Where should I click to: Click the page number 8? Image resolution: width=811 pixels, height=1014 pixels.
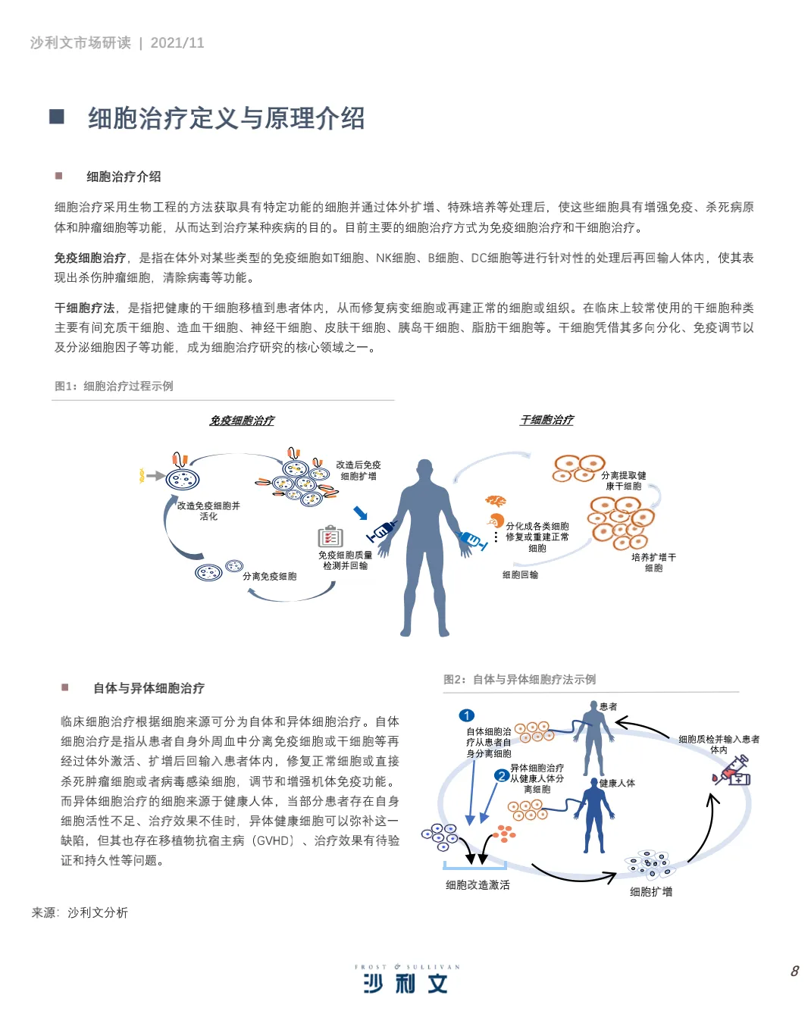pyautogui.click(x=794, y=971)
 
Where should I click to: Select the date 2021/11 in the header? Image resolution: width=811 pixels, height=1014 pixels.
pyautogui.click(x=177, y=43)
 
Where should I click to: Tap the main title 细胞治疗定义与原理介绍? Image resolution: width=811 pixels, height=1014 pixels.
pyautogui.click(x=226, y=118)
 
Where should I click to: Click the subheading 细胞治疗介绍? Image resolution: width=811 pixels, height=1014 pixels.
pyautogui.click(x=124, y=177)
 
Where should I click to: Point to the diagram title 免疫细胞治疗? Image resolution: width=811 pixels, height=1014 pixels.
pyautogui.click(x=242, y=421)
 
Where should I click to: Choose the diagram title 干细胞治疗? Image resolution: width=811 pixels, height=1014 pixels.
pyautogui.click(x=546, y=420)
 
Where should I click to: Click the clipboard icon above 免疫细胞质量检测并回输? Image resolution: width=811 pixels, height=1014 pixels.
pyautogui.click(x=330, y=537)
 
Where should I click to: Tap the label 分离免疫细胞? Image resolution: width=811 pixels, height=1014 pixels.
pyautogui.click(x=269, y=577)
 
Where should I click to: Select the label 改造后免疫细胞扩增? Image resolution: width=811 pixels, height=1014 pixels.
pyautogui.click(x=359, y=471)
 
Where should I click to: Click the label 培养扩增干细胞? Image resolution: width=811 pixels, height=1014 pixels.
pyautogui.click(x=653, y=562)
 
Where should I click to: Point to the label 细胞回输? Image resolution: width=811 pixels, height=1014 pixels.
pyautogui.click(x=520, y=575)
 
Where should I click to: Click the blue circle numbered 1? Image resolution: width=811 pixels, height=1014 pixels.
pyautogui.click(x=467, y=715)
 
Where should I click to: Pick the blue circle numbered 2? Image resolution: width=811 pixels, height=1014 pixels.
pyautogui.click(x=501, y=775)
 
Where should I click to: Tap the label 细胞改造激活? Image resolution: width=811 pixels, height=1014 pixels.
pyautogui.click(x=478, y=885)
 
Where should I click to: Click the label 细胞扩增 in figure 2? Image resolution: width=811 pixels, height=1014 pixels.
pyautogui.click(x=651, y=892)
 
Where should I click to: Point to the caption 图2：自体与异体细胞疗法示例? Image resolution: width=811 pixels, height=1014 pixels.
pyautogui.click(x=520, y=680)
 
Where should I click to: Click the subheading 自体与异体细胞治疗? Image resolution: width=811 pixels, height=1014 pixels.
pyautogui.click(x=149, y=688)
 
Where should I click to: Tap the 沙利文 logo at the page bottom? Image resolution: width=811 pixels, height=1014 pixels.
pyautogui.click(x=406, y=983)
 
